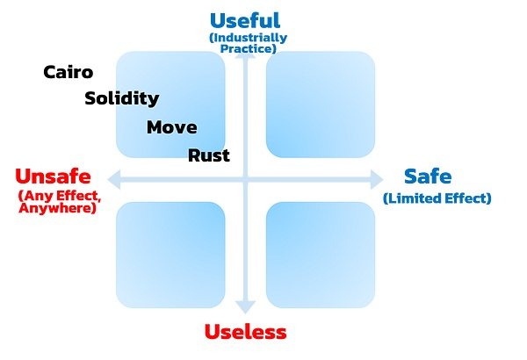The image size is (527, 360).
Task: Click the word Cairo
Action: tap(69, 72)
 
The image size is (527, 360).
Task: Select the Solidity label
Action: tap(121, 98)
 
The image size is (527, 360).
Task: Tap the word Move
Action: tap(171, 127)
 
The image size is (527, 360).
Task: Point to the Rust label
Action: tap(209, 155)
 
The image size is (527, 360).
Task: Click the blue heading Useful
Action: tap(245, 20)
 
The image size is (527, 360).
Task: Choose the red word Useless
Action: tap(245, 332)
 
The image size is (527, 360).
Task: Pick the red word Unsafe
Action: tap(54, 176)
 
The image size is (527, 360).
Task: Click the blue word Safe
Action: tap(427, 176)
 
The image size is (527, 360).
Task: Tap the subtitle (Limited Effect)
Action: tap(437, 198)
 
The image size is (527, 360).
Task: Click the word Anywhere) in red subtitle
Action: tap(58, 209)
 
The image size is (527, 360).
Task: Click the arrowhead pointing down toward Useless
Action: tap(245, 306)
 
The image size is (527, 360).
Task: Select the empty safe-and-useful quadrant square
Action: tap(321, 104)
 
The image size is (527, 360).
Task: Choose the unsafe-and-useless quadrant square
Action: tap(170, 254)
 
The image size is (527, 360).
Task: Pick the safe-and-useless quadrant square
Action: tap(321, 254)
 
